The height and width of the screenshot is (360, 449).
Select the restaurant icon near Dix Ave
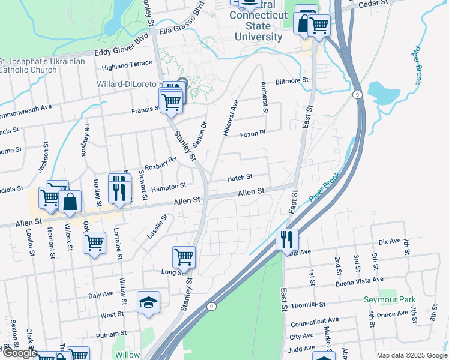click(x=288, y=239)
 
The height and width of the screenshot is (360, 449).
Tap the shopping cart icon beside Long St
click(x=184, y=257)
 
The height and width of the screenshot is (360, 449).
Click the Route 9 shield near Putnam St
click(x=211, y=306)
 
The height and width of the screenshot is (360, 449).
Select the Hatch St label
click(x=240, y=178)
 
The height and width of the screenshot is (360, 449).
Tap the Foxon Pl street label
click(x=252, y=134)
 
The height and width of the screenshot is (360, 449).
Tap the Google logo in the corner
click(x=19, y=353)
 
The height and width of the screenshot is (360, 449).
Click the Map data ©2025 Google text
click(x=412, y=355)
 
